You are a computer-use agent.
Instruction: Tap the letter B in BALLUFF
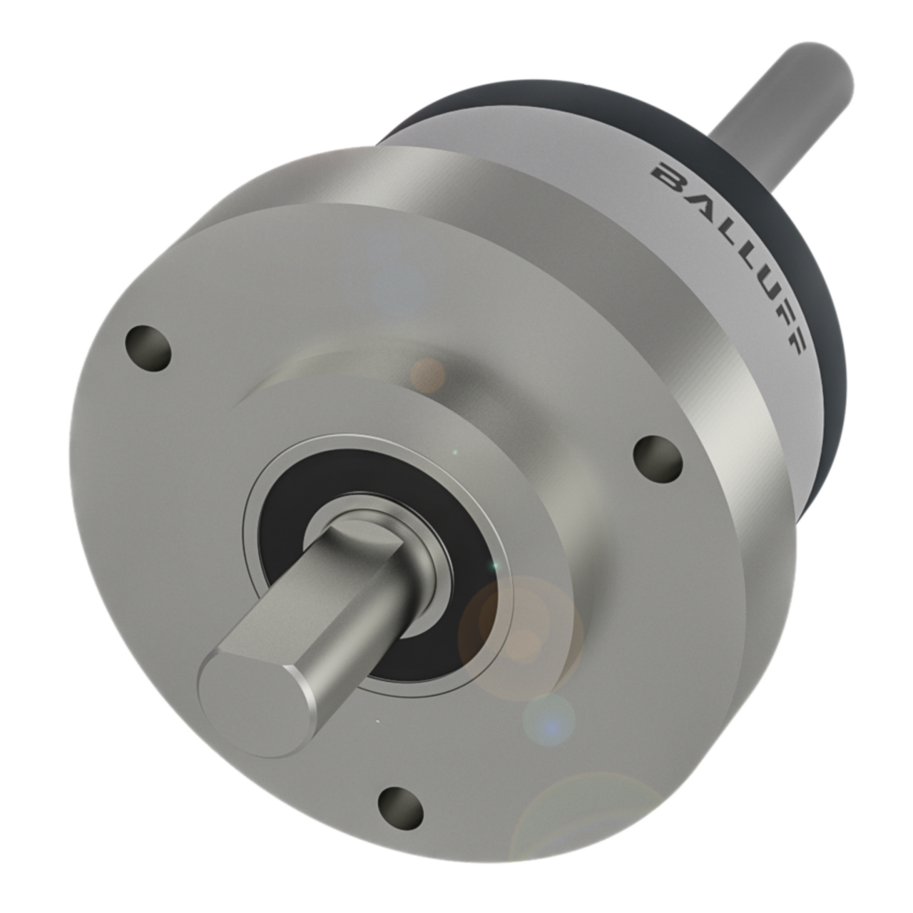point(665,173)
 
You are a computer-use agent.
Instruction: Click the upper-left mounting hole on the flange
point(148,347)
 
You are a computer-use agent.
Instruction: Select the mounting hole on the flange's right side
point(657,456)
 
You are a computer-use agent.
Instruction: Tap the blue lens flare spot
point(549,720)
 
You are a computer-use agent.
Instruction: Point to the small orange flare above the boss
point(428,373)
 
